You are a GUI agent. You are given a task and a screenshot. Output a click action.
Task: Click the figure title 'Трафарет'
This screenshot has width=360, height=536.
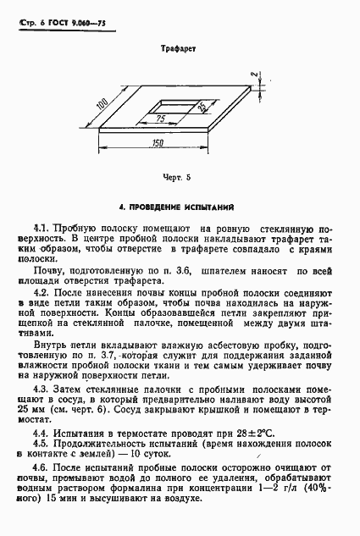(x=180, y=50)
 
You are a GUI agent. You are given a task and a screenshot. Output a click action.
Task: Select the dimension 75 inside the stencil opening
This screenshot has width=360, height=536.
(x=160, y=119)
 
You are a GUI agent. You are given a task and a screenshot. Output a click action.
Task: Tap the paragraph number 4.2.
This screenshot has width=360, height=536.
(x=40, y=290)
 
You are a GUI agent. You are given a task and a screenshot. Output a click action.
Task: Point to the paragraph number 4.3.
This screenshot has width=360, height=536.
(x=40, y=387)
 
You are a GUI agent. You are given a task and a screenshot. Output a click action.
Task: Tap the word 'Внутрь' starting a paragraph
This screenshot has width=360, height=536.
(x=48, y=345)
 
